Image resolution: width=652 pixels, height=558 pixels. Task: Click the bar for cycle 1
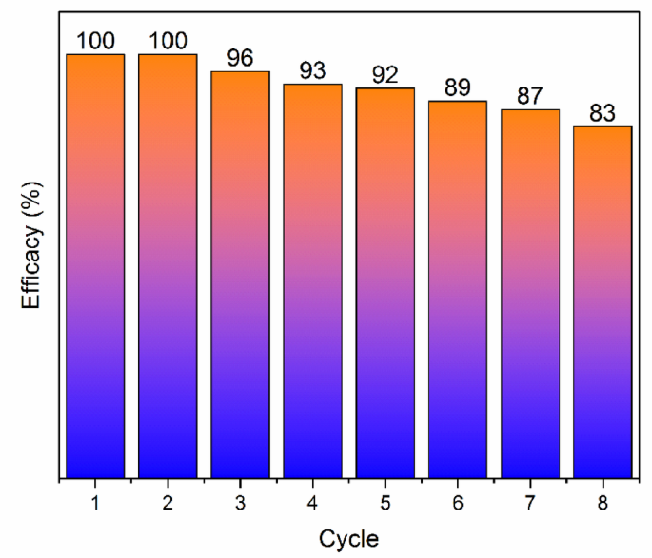(x=95, y=266)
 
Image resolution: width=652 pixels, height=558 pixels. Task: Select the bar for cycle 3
(x=240, y=275)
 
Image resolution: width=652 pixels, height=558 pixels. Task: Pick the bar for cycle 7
(x=530, y=294)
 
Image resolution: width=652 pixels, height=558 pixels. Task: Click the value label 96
(x=240, y=58)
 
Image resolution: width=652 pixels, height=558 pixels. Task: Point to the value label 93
(x=313, y=70)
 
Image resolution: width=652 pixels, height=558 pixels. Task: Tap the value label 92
(x=385, y=74)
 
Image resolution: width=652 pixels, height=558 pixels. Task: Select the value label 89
(x=458, y=87)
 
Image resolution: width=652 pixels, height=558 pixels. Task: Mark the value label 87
(x=530, y=96)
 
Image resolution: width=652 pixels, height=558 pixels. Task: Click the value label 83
(x=603, y=113)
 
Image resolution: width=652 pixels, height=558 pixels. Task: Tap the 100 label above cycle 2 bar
(x=168, y=41)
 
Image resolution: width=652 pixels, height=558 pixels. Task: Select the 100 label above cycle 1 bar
(x=95, y=41)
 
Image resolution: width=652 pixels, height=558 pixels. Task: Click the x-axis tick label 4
(x=313, y=502)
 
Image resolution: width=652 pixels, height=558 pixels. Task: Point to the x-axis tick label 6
(x=458, y=502)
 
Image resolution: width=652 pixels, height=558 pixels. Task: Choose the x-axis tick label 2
(x=168, y=502)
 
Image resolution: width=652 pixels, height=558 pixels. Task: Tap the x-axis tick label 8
(x=603, y=502)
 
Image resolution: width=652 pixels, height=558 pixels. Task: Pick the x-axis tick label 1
(x=95, y=502)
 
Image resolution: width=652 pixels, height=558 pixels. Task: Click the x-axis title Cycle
(x=348, y=538)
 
